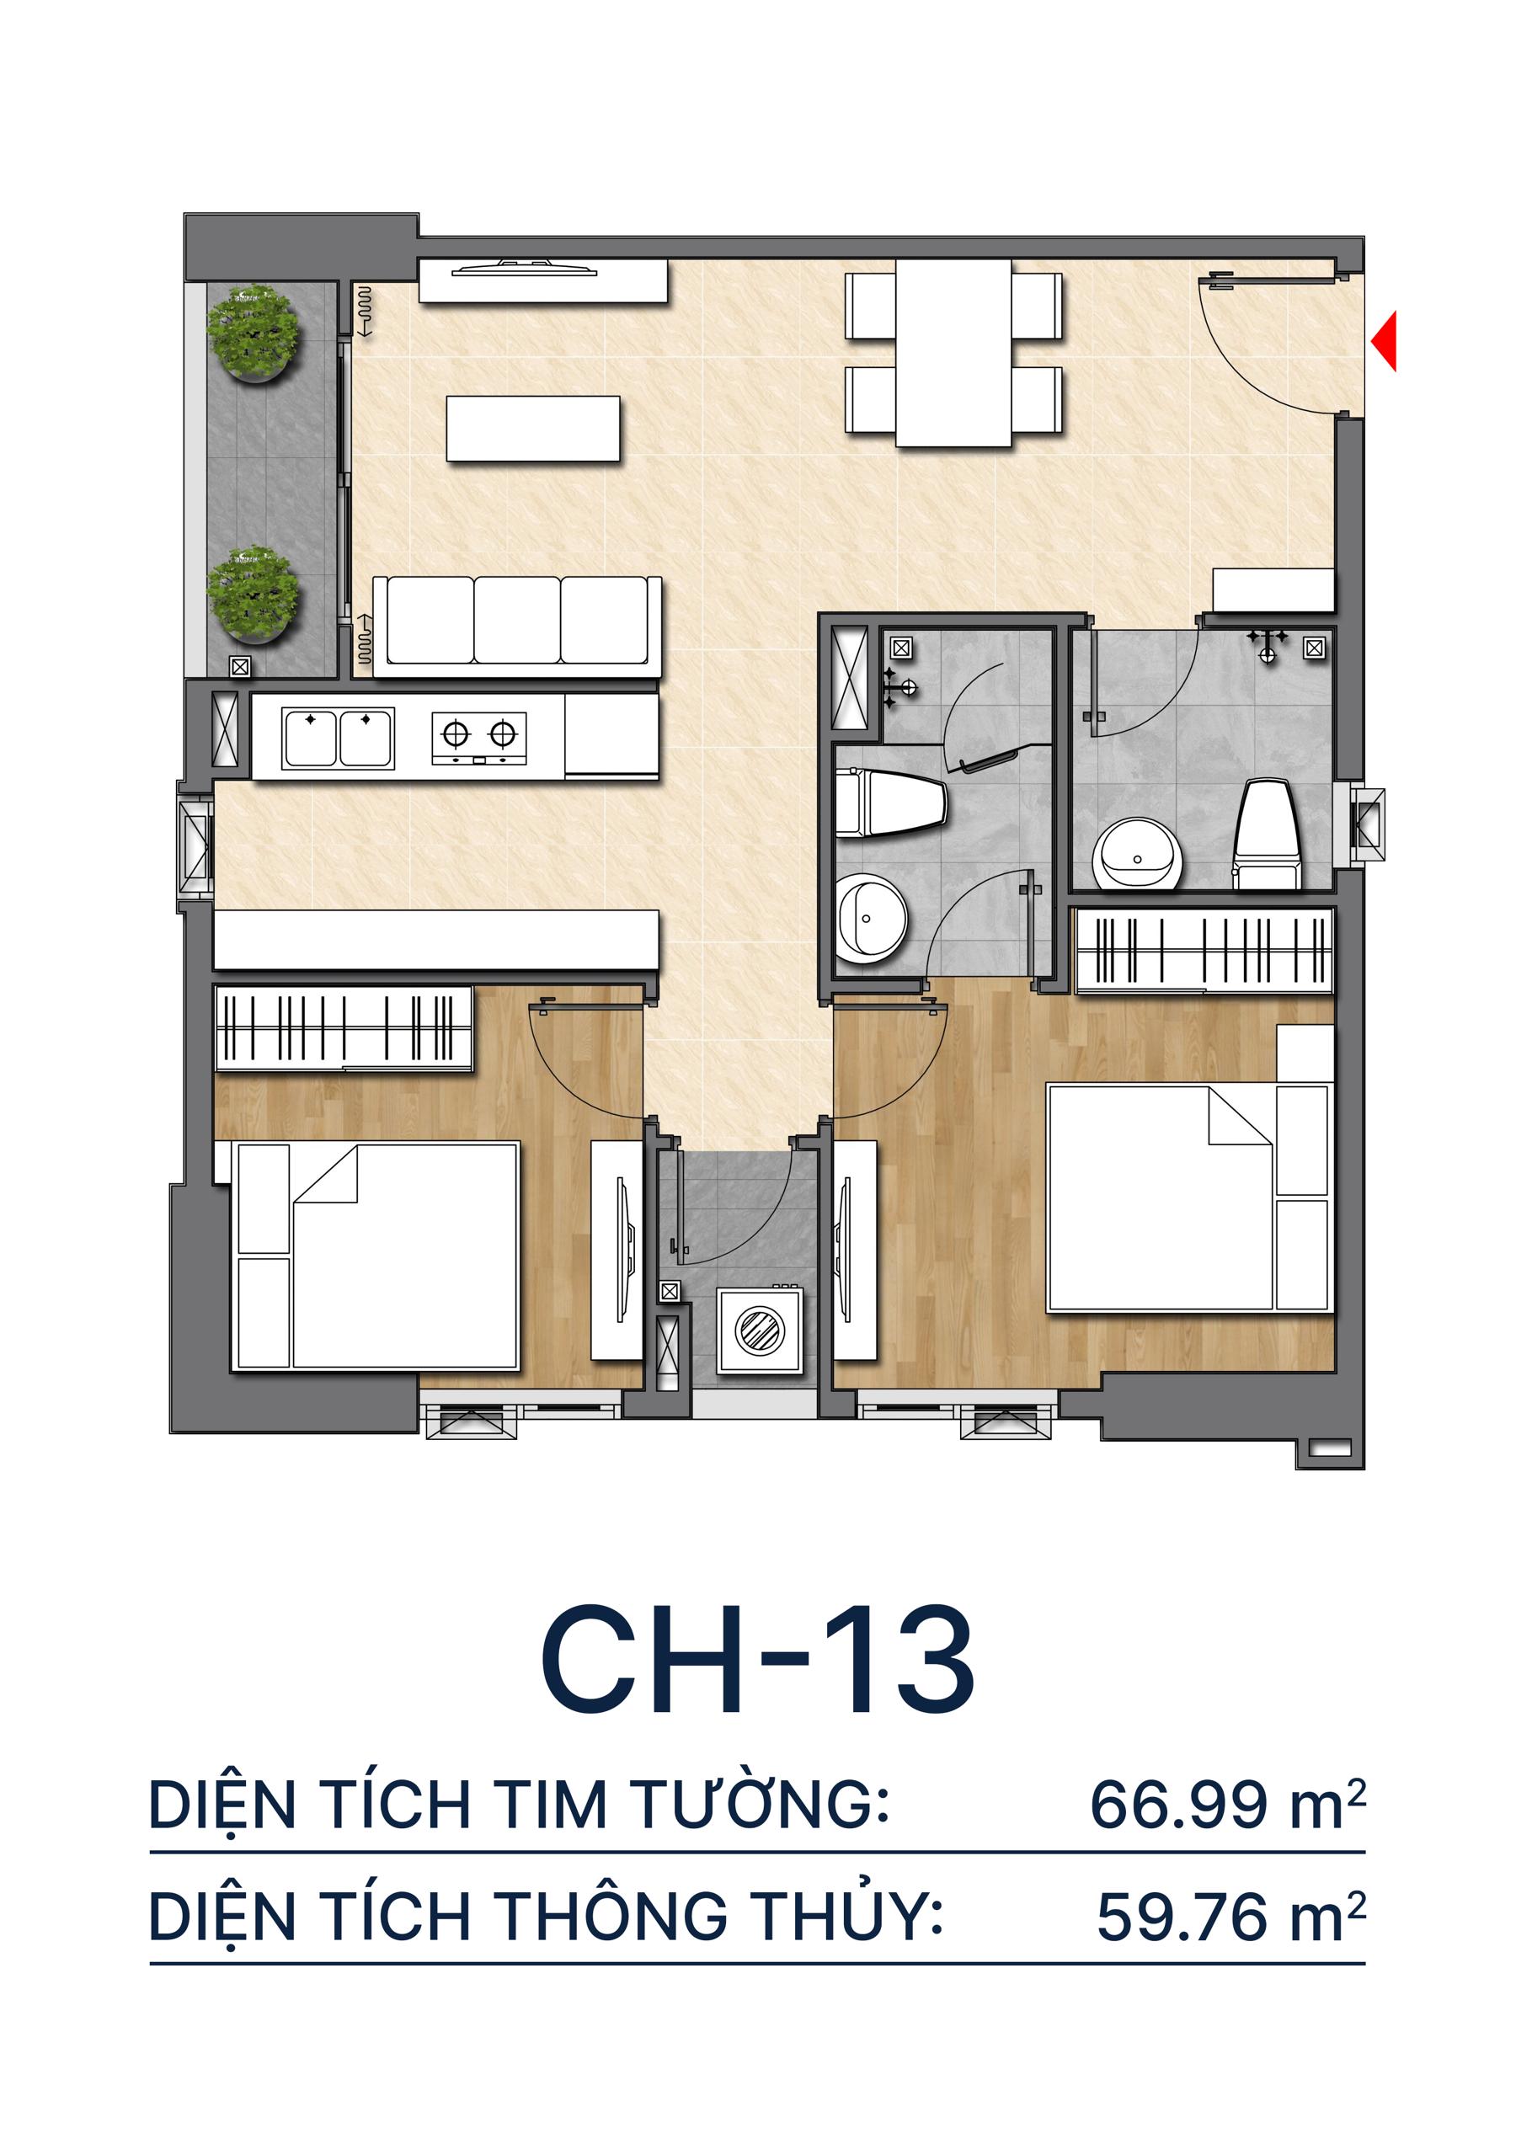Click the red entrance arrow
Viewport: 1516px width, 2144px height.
[1385, 341]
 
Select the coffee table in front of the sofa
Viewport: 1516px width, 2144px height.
[532, 429]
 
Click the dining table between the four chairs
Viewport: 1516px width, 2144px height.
[953, 353]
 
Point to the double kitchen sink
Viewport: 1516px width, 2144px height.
[337, 738]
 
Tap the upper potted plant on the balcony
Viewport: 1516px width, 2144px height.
[254, 333]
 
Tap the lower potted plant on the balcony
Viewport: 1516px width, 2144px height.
[254, 595]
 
